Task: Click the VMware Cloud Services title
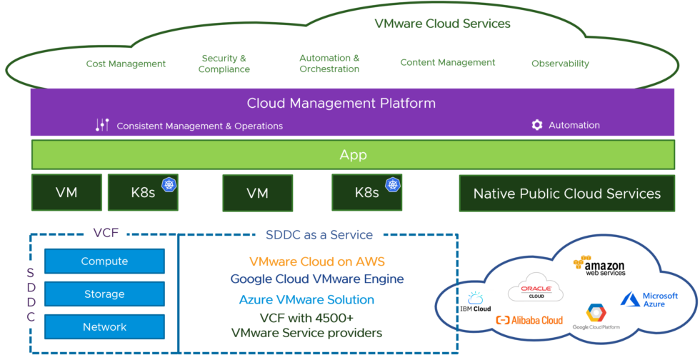[x=442, y=24]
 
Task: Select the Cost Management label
[x=126, y=64]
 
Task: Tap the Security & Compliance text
[x=224, y=64]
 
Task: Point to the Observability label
[x=560, y=64]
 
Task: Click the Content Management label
[x=447, y=62]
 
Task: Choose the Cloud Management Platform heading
[x=341, y=103]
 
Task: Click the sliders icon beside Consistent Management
[x=102, y=125]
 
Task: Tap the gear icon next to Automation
[x=537, y=125]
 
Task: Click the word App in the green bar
[x=352, y=154]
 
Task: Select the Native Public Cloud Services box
[x=566, y=193]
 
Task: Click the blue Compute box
[x=104, y=261]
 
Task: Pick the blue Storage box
[x=104, y=294]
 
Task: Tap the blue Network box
[x=104, y=327]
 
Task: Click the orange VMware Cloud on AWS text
[x=316, y=261]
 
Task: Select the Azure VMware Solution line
[x=306, y=299]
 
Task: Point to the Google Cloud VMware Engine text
[x=316, y=279]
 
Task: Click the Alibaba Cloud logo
[x=529, y=320]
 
